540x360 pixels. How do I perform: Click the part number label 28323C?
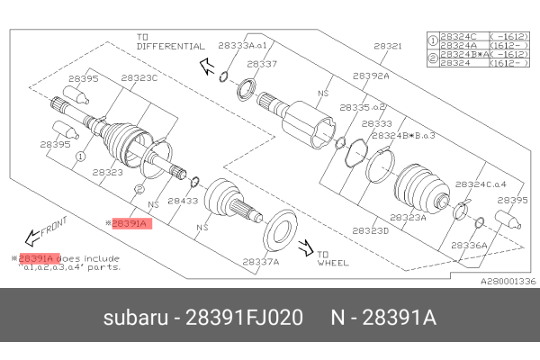139,78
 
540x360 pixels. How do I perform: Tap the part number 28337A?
261,262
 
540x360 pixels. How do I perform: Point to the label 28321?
388,44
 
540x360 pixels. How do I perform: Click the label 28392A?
371,76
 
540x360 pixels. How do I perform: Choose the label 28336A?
468,244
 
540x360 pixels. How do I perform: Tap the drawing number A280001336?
508,281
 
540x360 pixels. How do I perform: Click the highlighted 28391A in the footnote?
40,257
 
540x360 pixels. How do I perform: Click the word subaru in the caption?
135,319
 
